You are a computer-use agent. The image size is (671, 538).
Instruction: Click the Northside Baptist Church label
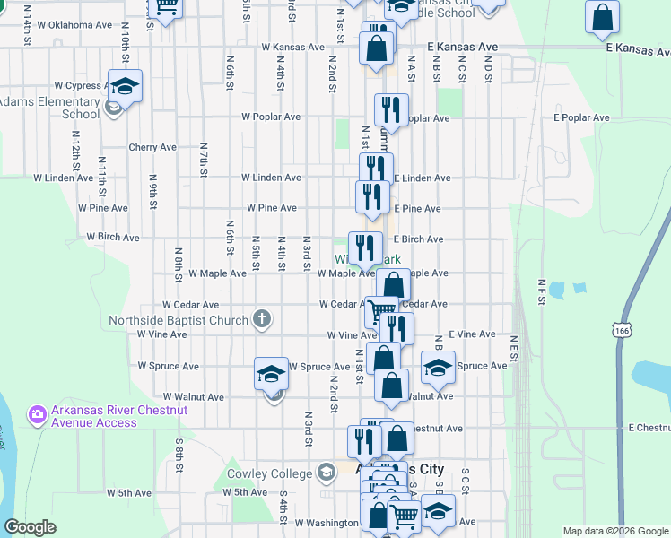[179, 320]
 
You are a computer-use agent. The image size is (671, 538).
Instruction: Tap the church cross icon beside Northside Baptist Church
[262, 317]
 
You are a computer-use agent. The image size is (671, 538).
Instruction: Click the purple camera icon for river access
[38, 413]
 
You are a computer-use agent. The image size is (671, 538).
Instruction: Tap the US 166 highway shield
[621, 331]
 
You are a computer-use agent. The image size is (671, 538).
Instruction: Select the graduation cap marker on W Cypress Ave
[126, 87]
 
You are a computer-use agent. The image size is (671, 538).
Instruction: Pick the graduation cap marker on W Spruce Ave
[270, 374]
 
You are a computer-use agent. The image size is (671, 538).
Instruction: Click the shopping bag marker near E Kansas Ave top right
[603, 17]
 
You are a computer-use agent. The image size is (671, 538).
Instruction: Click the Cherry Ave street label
[152, 147]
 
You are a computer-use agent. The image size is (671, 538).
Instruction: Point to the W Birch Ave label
[113, 238]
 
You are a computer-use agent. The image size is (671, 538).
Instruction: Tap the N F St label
[541, 294]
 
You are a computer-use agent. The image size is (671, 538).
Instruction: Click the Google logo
[30, 527]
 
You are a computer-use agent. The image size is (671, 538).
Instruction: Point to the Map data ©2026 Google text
[614, 531]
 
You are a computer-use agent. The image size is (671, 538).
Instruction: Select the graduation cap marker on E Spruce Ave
[438, 368]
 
